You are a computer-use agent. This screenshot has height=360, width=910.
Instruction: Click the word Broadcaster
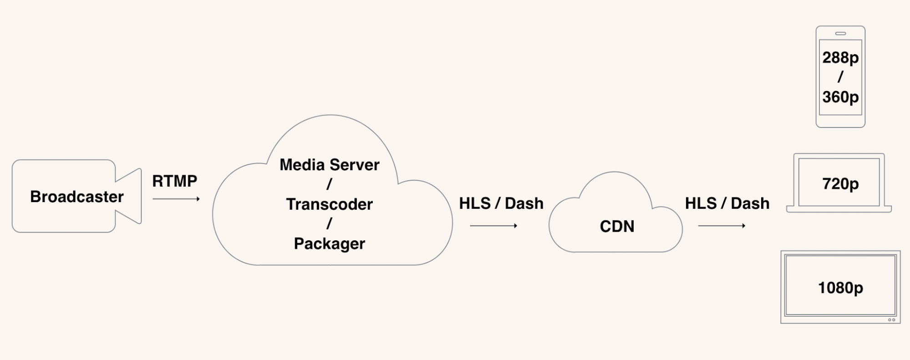click(x=77, y=197)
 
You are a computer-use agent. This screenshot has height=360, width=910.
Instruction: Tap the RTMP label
click(x=175, y=181)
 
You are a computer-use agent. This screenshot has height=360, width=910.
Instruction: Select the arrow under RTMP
click(x=176, y=199)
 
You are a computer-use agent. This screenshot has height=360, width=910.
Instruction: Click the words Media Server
click(x=330, y=165)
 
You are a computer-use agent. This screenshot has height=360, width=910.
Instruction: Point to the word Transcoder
click(x=330, y=204)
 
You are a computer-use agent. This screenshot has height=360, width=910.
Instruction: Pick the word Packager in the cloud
click(x=330, y=244)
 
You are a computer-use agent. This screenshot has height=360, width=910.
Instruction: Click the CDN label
click(x=617, y=226)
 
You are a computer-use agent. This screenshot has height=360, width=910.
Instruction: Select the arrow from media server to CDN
click(x=493, y=226)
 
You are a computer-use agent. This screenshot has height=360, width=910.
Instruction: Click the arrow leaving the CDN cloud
click(x=722, y=226)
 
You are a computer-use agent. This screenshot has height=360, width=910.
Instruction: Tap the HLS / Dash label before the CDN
click(x=501, y=203)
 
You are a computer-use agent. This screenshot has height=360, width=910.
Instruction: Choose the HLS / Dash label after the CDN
click(x=727, y=203)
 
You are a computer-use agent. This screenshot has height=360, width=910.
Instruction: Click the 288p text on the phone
click(x=840, y=58)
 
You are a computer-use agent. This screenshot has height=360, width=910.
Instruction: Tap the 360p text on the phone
click(x=840, y=97)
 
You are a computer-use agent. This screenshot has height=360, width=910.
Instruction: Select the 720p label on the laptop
click(x=840, y=184)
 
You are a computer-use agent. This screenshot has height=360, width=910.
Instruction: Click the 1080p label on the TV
click(x=840, y=288)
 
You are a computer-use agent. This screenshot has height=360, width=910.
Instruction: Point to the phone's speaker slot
click(x=840, y=33)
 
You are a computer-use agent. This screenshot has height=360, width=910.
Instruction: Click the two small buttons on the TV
click(x=891, y=320)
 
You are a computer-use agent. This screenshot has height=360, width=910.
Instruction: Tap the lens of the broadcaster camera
click(x=128, y=196)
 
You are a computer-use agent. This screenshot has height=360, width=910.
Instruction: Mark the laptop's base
click(x=839, y=209)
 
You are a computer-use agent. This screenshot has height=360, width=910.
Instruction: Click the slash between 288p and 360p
click(x=840, y=77)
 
